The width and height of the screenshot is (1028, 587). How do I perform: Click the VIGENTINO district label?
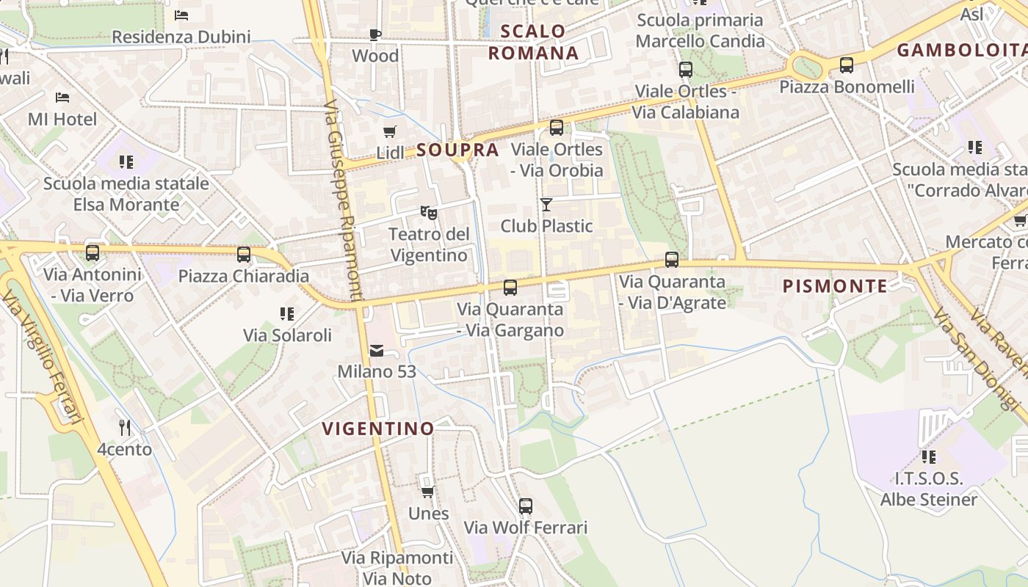point(378,429)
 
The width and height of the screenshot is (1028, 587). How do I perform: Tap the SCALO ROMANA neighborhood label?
point(534,42)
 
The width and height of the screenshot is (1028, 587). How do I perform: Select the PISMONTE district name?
point(835,286)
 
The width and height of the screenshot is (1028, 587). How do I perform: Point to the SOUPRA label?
point(457,150)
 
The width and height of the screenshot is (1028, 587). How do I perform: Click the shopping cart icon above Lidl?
point(390,132)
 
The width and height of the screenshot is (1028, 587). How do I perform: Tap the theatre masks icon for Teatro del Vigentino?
point(429,213)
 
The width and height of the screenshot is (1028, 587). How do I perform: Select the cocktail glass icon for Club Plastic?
point(546,204)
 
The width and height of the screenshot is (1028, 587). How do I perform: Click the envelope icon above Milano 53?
point(377,351)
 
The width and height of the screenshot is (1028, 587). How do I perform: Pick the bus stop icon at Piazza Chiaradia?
point(244,255)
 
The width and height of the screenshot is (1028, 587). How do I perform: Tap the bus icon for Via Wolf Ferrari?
point(526,506)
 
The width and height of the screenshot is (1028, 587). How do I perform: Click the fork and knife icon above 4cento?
point(125,427)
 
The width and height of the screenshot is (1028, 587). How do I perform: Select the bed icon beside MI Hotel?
point(62,97)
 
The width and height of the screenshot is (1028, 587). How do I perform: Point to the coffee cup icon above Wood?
point(375,34)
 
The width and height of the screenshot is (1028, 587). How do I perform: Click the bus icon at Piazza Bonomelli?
point(847,65)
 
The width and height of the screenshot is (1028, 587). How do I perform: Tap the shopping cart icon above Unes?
point(428,492)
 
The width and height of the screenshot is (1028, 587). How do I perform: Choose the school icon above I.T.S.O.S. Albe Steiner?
point(929,457)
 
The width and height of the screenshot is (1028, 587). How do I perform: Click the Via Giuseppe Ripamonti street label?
point(342,200)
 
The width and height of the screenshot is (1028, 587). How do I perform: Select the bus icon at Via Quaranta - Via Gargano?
point(510,288)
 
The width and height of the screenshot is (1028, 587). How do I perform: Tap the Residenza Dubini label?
point(181,37)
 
